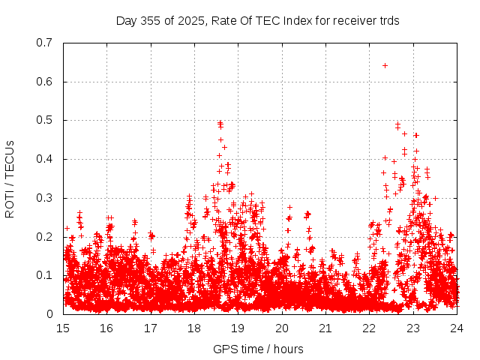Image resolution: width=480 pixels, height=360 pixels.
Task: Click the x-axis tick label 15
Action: pyautogui.click(x=63, y=328)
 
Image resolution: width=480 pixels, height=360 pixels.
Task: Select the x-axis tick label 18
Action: pyautogui.click(x=194, y=328)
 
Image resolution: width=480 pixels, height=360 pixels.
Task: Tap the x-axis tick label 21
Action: pyautogui.click(x=325, y=328)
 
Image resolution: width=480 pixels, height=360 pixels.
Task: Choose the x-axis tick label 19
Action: pyautogui.click(x=238, y=328)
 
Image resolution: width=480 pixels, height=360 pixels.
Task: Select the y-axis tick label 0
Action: pyautogui.click(x=49, y=314)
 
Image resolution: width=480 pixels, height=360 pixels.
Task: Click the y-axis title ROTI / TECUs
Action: pyautogui.click(x=10, y=178)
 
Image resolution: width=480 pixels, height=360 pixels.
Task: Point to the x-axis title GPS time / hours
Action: pyautogui.click(x=258, y=349)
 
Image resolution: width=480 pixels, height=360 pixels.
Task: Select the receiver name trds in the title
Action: pyautogui.click(x=387, y=20)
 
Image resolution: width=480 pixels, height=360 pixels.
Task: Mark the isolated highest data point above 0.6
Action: pyautogui.click(x=385, y=65)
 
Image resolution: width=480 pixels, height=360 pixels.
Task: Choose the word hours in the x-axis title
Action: pyautogui.click(x=288, y=349)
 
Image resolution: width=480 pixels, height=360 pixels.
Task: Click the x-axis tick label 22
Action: pyautogui.click(x=369, y=328)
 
